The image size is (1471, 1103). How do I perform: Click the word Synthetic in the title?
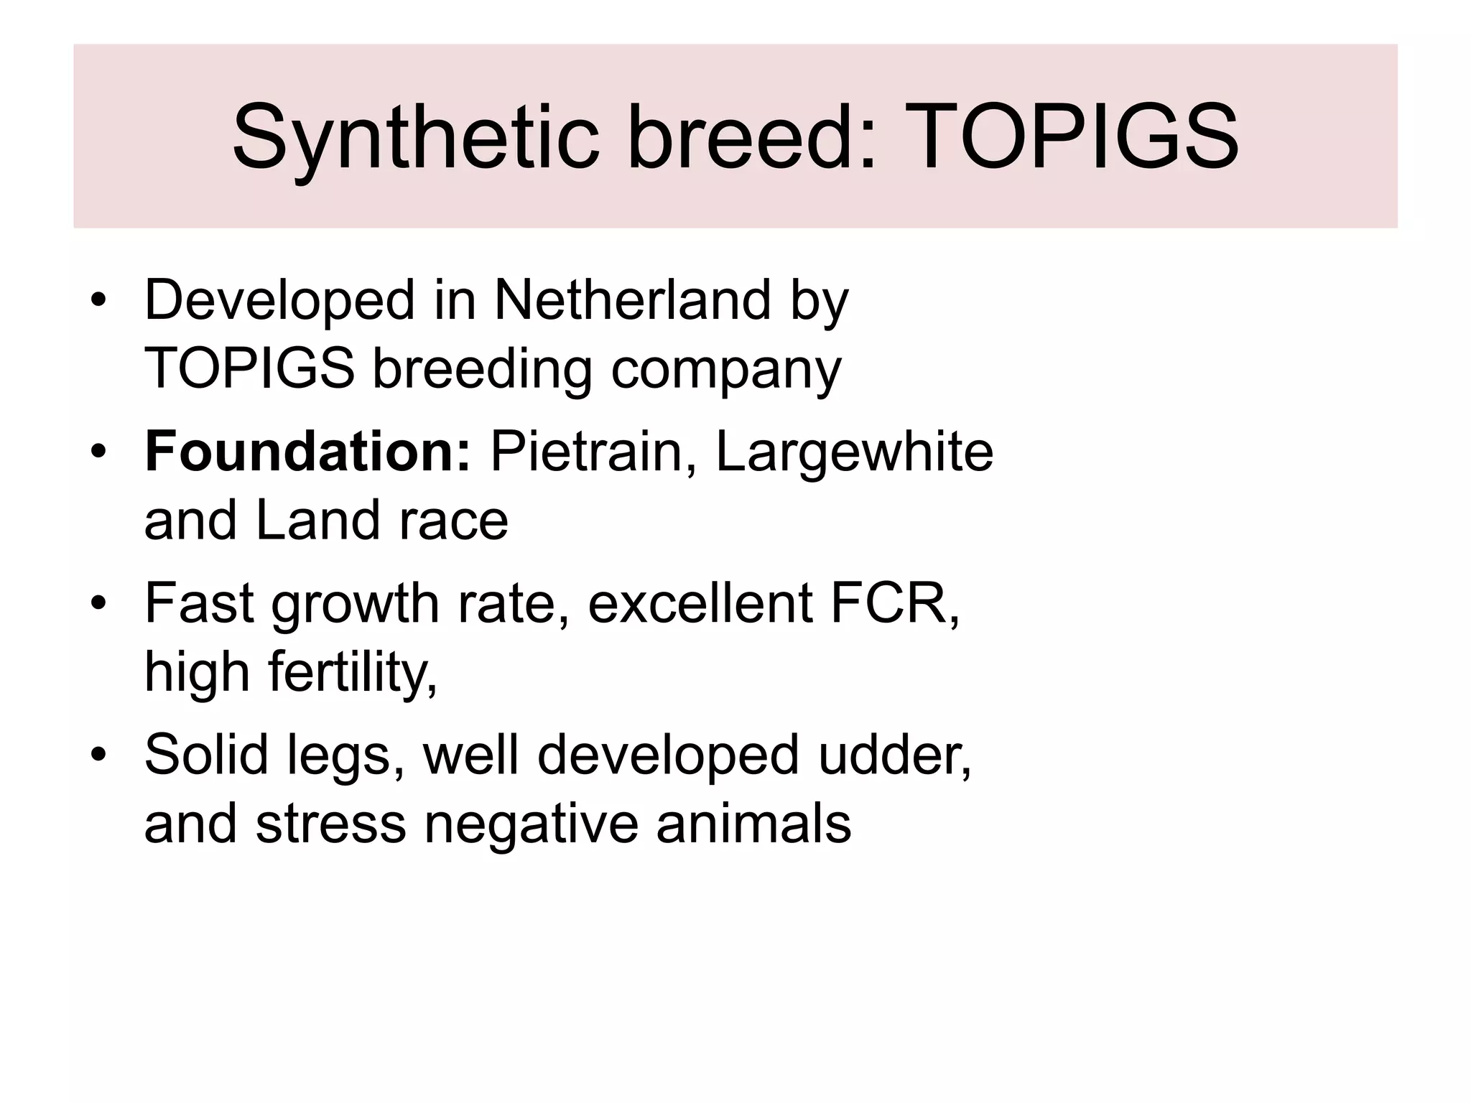[415, 136]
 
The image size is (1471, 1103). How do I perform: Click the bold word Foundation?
[307, 452]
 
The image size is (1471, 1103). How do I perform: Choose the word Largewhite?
[854, 452]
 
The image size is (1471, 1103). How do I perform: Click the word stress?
[331, 824]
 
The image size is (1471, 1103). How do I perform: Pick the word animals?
[753, 824]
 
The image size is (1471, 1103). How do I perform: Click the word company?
[725, 369]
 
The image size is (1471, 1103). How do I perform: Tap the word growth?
[356, 603]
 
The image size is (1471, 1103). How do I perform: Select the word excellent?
[700, 603]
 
